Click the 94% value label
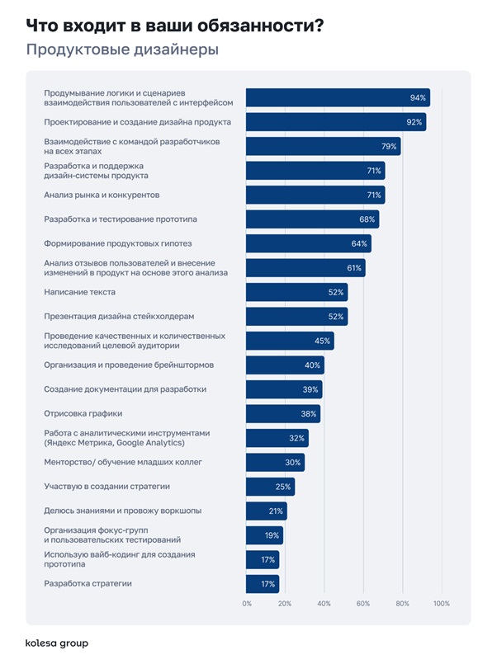click(418, 97)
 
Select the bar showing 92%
click(336, 122)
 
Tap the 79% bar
click(323, 147)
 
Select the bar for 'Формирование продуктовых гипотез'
click(308, 243)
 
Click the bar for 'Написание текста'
click(296, 292)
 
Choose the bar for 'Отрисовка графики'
click(283, 414)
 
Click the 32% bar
click(277, 438)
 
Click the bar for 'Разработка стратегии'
click(263, 584)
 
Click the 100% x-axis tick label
click(441, 604)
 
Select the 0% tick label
click(247, 604)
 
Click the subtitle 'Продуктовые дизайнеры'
click(122, 50)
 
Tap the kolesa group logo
click(57, 643)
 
